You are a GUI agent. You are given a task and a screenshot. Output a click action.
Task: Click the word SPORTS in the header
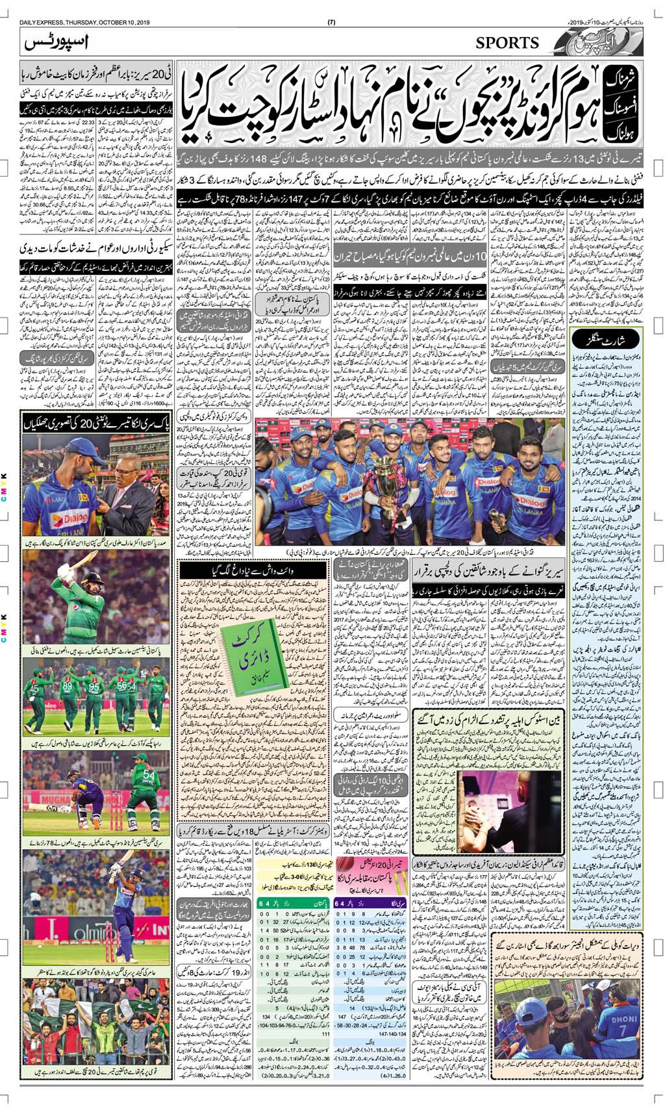507,43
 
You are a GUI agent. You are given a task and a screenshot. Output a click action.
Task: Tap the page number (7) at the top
331,6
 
